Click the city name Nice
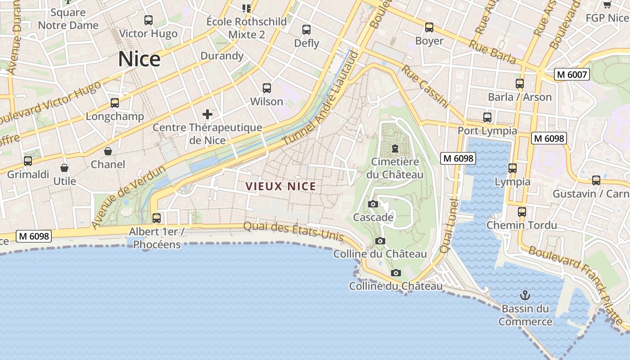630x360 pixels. click(x=139, y=59)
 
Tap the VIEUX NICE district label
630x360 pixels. click(x=280, y=186)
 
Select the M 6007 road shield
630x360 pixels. click(x=571, y=75)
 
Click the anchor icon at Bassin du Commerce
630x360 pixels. click(x=525, y=295)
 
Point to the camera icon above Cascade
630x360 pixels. click(x=373, y=204)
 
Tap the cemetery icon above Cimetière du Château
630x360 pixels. click(x=395, y=148)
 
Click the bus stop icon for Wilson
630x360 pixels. click(x=267, y=88)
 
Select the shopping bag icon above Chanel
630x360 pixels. click(x=108, y=151)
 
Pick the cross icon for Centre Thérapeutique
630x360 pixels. click(x=207, y=114)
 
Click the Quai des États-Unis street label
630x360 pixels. click(x=293, y=231)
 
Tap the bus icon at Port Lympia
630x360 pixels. click(x=487, y=117)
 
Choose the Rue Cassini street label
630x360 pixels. click(x=425, y=86)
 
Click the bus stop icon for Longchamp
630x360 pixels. click(x=115, y=103)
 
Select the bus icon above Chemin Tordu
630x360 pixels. click(x=522, y=211)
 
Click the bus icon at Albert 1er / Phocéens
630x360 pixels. click(x=156, y=218)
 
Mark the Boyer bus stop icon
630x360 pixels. click(x=429, y=27)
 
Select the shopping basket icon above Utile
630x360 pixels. click(x=64, y=168)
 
